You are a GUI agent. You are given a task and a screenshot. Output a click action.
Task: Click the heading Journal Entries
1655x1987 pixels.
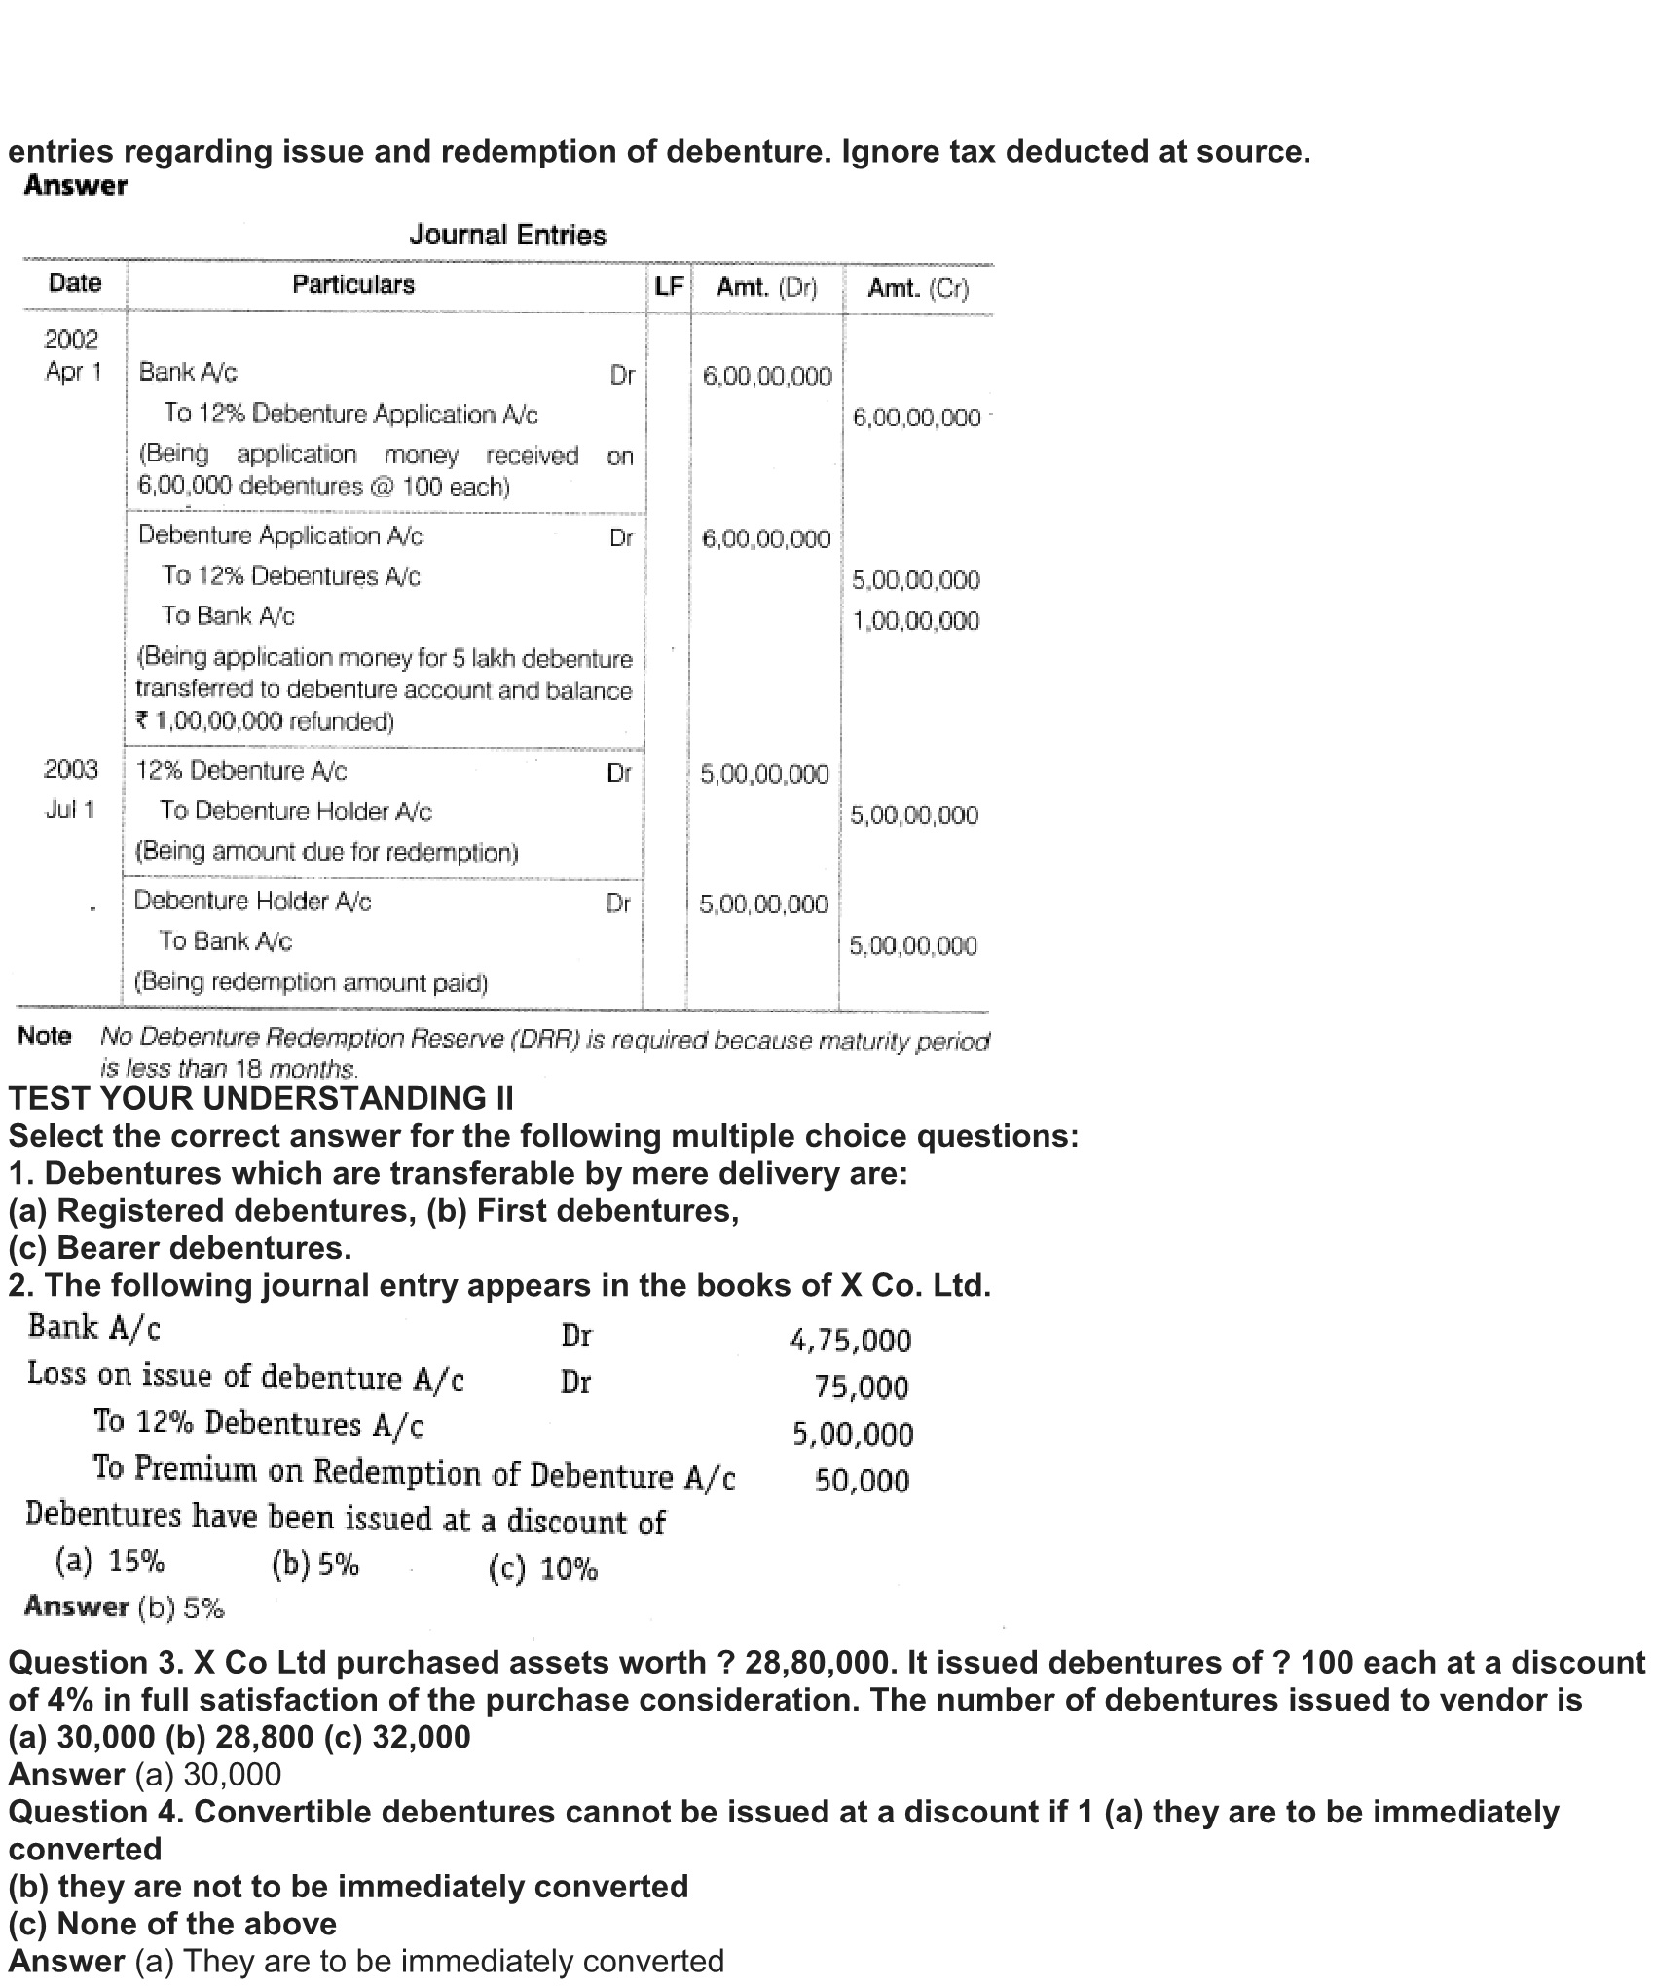[x=507, y=235]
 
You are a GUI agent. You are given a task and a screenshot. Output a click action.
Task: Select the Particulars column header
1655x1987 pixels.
[x=353, y=284]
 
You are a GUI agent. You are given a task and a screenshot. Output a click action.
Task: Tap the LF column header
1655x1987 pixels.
[x=669, y=286]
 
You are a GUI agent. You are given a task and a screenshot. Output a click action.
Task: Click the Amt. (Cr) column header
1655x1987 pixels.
[x=918, y=288]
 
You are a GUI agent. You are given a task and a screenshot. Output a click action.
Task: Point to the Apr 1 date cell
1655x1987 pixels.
[x=73, y=372]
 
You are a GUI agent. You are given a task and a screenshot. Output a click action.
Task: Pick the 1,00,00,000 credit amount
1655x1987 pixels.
[x=916, y=621]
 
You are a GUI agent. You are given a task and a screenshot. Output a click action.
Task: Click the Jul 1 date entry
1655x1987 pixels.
[x=70, y=810]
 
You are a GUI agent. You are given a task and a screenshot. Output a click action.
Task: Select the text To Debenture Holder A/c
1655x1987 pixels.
[x=296, y=811]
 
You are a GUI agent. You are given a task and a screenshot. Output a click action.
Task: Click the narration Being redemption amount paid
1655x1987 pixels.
[x=311, y=981]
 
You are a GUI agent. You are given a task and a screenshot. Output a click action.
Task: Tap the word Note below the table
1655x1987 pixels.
[x=44, y=1035]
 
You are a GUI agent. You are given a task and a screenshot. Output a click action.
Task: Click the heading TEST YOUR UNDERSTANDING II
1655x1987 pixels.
[x=261, y=1098]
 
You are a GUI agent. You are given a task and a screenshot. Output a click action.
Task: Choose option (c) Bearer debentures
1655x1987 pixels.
[x=180, y=1247]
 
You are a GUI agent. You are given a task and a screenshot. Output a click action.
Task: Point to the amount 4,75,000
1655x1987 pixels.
[x=850, y=1341]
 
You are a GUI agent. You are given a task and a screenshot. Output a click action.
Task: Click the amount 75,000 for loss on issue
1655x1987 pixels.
[x=862, y=1387]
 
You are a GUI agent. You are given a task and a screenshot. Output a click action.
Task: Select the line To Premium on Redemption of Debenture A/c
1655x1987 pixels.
[x=414, y=1473]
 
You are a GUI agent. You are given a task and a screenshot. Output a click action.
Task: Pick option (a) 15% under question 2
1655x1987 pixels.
[x=110, y=1562]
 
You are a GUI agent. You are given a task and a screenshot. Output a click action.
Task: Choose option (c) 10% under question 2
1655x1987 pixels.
[x=542, y=1568]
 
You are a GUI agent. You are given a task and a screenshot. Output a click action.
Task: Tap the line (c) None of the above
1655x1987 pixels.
[x=172, y=1924]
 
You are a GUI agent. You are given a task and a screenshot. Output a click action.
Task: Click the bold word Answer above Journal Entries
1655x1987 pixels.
[x=76, y=185]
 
